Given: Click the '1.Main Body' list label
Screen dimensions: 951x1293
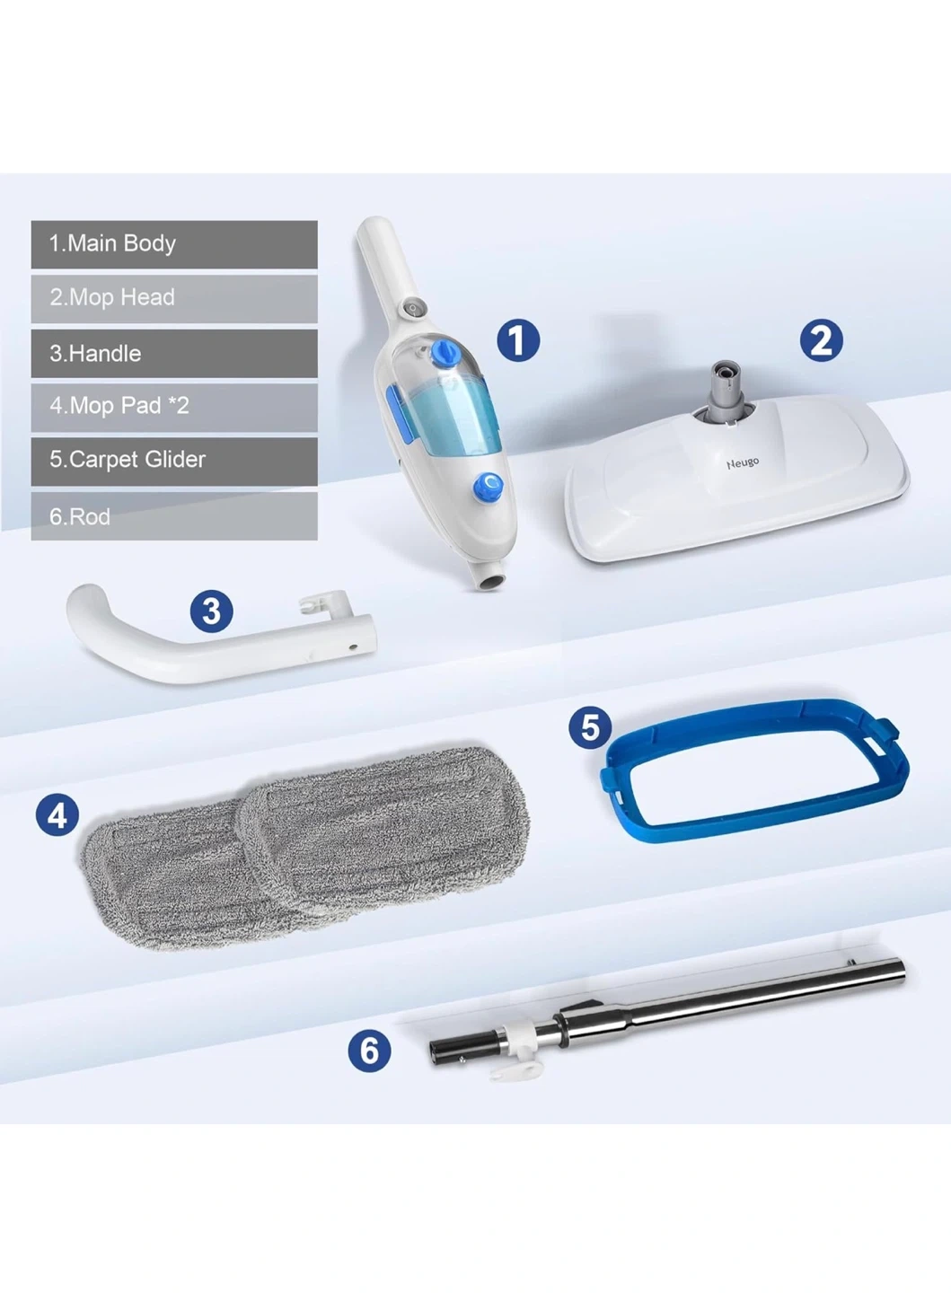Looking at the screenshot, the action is click(112, 243).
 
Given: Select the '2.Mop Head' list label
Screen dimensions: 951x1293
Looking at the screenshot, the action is click(112, 297).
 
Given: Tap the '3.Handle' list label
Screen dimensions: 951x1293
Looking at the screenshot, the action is click(95, 353).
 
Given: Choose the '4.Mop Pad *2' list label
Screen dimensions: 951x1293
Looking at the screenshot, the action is click(119, 406).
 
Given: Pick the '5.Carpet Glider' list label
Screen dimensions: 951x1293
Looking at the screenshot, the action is click(127, 460).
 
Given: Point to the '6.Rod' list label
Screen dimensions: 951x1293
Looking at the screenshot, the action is click(80, 516).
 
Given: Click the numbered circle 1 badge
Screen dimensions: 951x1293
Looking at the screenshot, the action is click(518, 340).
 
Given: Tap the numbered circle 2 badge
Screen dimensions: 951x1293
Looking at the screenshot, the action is click(821, 340).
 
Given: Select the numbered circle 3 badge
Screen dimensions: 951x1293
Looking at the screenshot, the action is click(212, 611).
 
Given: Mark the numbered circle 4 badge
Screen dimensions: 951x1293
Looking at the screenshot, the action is click(57, 816).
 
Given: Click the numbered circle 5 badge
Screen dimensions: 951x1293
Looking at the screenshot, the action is click(590, 727).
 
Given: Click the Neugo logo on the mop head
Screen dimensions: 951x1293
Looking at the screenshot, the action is click(743, 463).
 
